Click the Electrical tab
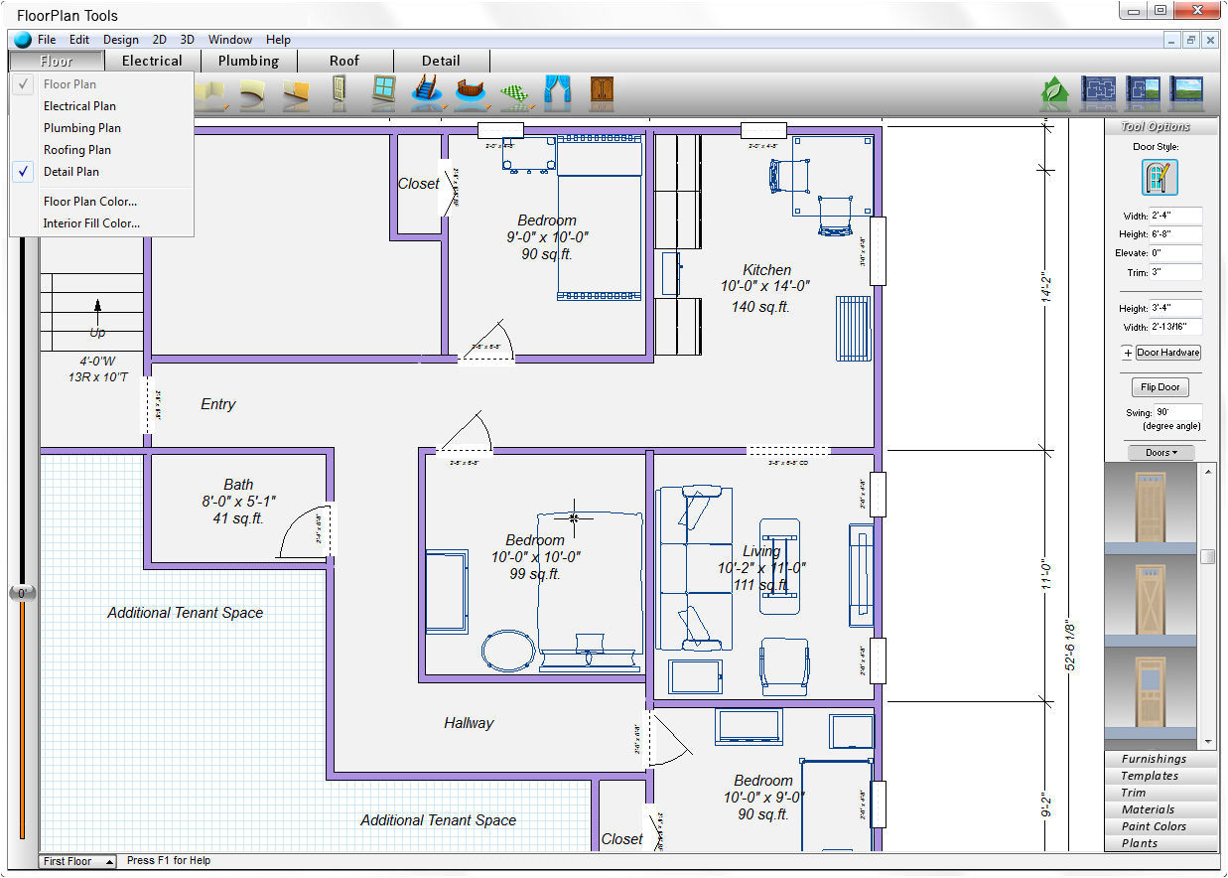pyautogui.click(x=152, y=61)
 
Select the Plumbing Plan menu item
pyautogui.click(x=82, y=128)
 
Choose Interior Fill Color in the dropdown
pyautogui.click(x=91, y=223)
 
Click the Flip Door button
pyautogui.click(x=1160, y=387)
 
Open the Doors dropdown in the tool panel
pyautogui.click(x=1160, y=453)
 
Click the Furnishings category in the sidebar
pyautogui.click(x=1154, y=759)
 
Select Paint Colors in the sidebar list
pyautogui.click(x=1154, y=826)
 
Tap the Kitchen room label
pyautogui.click(x=766, y=270)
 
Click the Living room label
pyautogui.click(x=761, y=551)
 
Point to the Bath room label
pyautogui.click(x=238, y=485)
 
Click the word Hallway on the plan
pyautogui.click(x=469, y=723)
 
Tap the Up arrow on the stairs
pyautogui.click(x=97, y=308)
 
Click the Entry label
pyautogui.click(x=218, y=404)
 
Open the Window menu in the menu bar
pyautogui.click(x=229, y=40)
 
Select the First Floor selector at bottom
pyautogui.click(x=77, y=861)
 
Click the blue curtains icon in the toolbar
pyautogui.click(x=557, y=91)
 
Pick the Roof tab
pyautogui.click(x=344, y=61)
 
